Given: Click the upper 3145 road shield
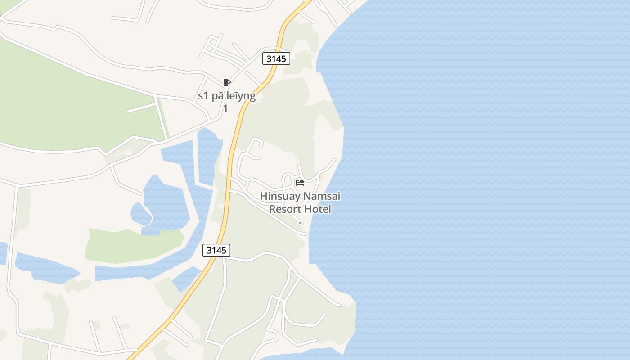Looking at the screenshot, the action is [276, 58].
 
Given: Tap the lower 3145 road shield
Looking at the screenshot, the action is [216, 250].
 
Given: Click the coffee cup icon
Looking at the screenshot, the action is [227, 82].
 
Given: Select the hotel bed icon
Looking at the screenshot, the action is [300, 182].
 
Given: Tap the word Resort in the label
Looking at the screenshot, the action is [285, 209].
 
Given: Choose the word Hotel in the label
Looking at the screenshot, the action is [317, 209].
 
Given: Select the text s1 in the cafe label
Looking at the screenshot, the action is [204, 96].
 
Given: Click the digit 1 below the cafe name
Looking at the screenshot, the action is [225, 108].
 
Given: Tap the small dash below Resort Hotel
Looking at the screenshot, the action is [300, 223].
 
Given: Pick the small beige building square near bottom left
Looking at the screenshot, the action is [96, 325].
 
